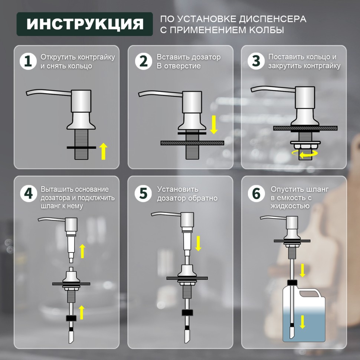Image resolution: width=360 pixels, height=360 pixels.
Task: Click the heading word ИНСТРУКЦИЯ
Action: [x=85, y=24]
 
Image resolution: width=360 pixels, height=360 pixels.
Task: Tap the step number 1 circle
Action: [x=28, y=61]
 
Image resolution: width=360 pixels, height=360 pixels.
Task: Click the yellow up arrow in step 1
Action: [x=104, y=151]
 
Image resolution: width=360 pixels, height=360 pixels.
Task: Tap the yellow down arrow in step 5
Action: [x=198, y=243]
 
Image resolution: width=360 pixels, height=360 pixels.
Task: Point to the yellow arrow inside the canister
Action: [x=302, y=321]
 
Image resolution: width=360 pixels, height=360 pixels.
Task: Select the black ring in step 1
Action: [x=82, y=147]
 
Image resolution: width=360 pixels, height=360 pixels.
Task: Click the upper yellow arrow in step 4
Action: [x=82, y=251]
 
